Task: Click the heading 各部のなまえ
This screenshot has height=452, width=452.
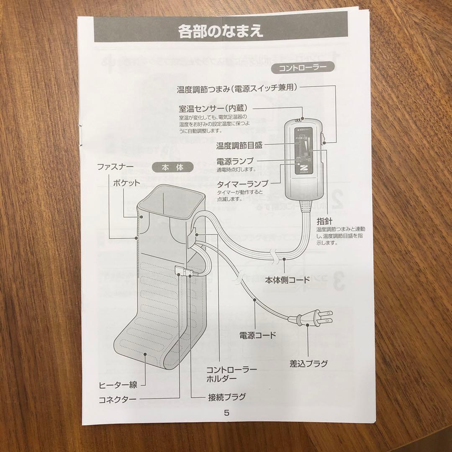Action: click(x=221, y=31)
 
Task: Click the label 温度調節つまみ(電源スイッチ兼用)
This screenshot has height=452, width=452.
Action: click(x=236, y=89)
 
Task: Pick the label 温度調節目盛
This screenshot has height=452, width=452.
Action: click(x=239, y=146)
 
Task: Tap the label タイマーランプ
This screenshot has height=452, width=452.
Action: click(x=242, y=184)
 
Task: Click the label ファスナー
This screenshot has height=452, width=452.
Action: click(x=115, y=167)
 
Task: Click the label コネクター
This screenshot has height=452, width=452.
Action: click(x=117, y=399)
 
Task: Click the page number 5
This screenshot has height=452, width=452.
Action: click(x=226, y=413)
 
